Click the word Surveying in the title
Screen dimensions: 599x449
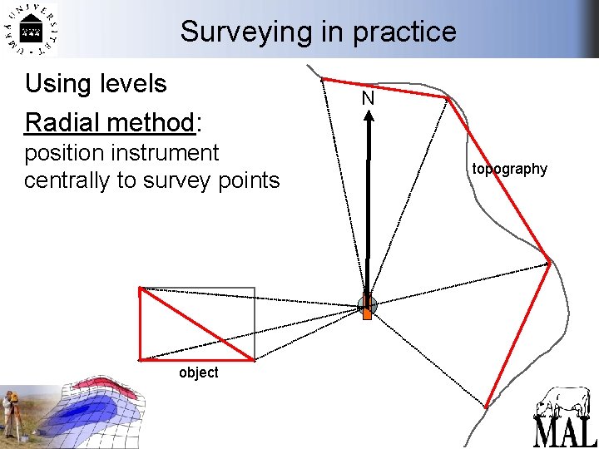(x=242, y=32)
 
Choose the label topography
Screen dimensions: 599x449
(x=509, y=169)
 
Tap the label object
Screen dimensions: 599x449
(x=198, y=373)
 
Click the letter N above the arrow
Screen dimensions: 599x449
(x=368, y=99)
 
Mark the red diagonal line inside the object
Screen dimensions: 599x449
(x=196, y=323)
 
